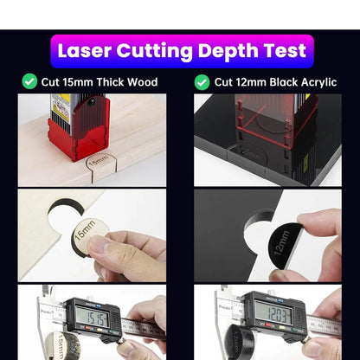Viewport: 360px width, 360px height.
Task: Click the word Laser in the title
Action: pyautogui.click(x=84, y=50)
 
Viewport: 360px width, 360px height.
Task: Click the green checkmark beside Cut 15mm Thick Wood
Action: pyautogui.click(x=29, y=82)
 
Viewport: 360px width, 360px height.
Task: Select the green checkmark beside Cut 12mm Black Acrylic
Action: pyautogui.click(x=202, y=82)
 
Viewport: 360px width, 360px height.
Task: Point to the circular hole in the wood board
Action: pyautogui.click(x=65, y=212)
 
